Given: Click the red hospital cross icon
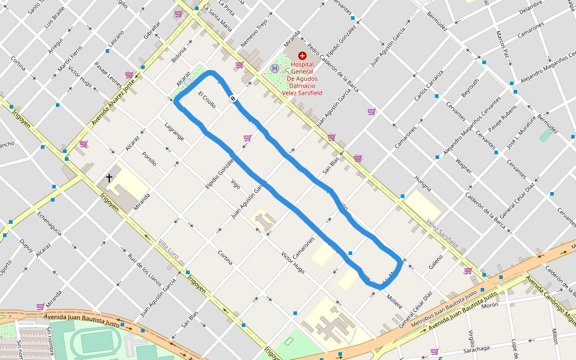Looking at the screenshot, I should (x=302, y=55).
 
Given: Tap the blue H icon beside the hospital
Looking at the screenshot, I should (x=275, y=68).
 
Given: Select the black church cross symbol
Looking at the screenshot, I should (x=109, y=178).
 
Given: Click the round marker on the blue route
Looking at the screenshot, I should (x=232, y=98).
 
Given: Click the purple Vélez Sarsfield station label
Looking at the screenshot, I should (x=443, y=233).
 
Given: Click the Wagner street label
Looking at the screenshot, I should (x=463, y=166).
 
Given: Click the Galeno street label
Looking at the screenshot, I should (x=436, y=261).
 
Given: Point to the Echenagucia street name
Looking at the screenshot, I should (x=49, y=223).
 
